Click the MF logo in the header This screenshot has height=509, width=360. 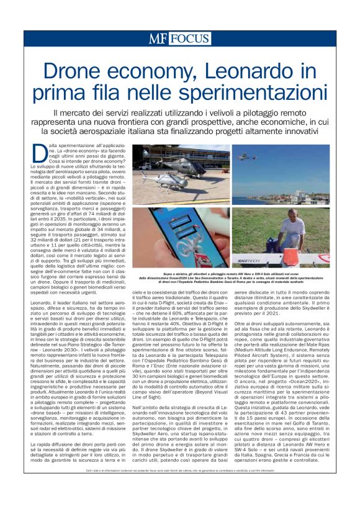(158, 38)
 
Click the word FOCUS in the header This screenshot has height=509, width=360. (188, 38)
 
